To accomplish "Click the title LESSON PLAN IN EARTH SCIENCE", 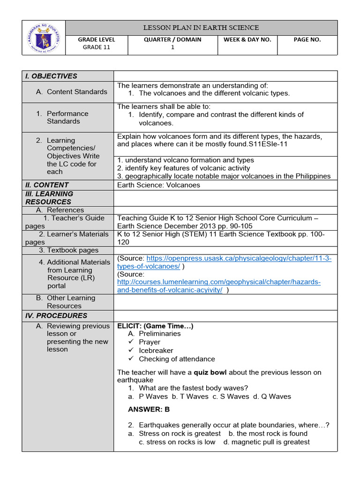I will pos(201,28).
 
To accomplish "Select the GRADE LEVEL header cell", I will pos(96,40).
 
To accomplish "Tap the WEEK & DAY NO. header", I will pos(247,40).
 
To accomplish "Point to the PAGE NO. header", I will pos(307,40).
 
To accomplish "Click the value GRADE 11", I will pos(96,47).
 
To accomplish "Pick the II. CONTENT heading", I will pos(47,185).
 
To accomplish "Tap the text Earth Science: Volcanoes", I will pos(158,185).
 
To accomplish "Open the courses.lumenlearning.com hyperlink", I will pos(218,286).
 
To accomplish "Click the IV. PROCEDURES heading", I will pos(56,315).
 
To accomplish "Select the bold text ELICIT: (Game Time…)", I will pos(155,326).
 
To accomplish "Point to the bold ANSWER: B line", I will pos(149,409).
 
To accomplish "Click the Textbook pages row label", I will pos(69,250).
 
